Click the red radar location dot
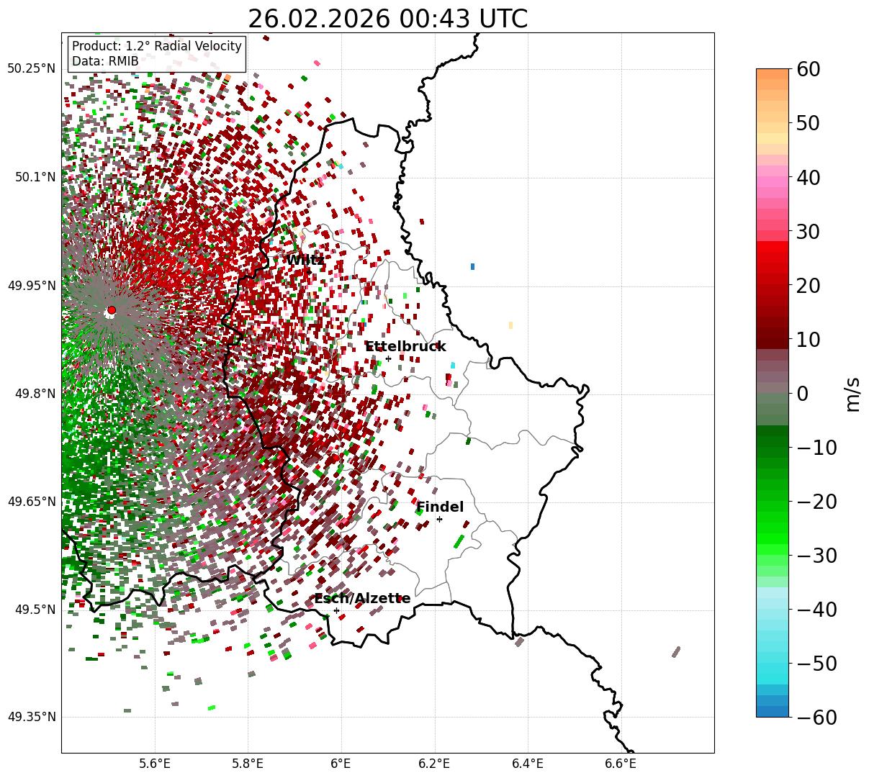(112, 310)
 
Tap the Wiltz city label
(305, 260)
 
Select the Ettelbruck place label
(405, 347)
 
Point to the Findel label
(440, 507)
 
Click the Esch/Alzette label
(362, 599)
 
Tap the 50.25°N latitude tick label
(31, 69)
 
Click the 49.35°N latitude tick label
(31, 717)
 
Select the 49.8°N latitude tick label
(34, 394)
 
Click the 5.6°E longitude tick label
(155, 764)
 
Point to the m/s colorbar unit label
(853, 394)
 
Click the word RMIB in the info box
(123, 61)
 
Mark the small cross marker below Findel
(439, 519)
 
